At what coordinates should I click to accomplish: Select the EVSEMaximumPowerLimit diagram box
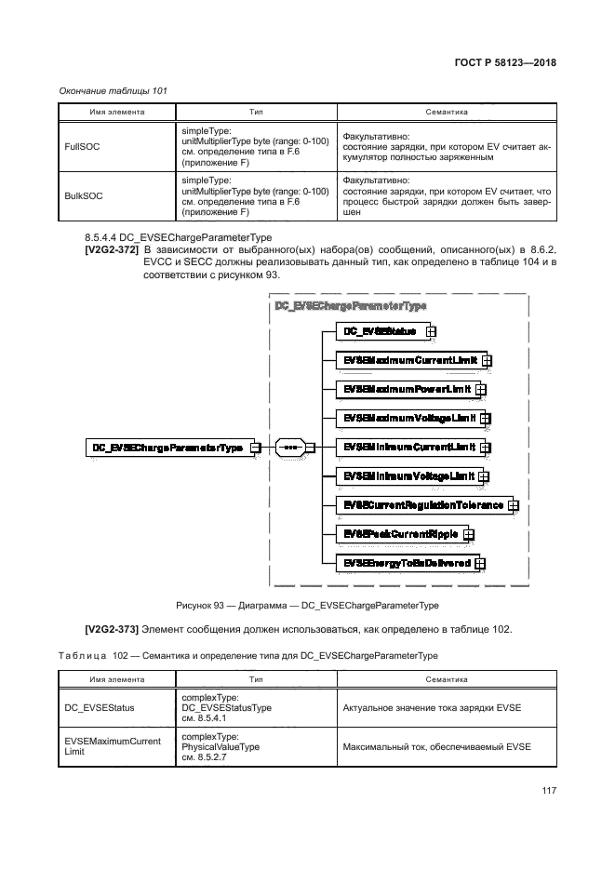click(x=402, y=389)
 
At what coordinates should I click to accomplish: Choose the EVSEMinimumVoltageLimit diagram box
click(x=405, y=475)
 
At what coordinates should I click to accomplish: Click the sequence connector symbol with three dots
click(x=289, y=448)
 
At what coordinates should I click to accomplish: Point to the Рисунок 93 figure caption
click(x=307, y=605)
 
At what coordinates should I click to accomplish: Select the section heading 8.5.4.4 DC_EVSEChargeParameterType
click(x=178, y=237)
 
